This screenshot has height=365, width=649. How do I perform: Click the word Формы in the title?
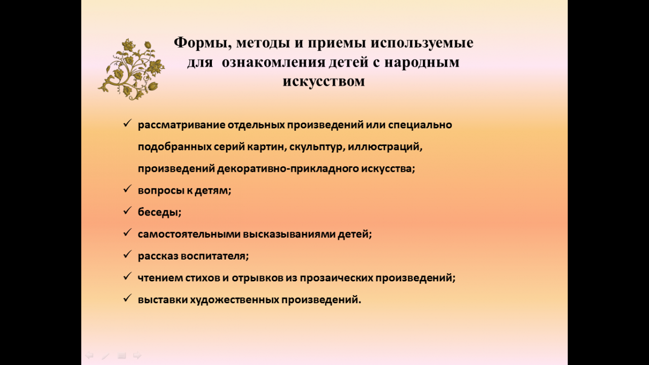click(202, 43)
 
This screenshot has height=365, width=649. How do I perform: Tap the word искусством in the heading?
click(323, 81)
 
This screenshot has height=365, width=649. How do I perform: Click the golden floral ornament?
click(131, 69)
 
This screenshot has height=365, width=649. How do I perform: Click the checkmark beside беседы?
click(127, 210)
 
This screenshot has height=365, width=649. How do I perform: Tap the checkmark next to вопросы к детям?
click(127, 189)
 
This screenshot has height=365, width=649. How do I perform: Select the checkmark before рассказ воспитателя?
click(127, 254)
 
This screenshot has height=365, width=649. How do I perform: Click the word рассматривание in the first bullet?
click(182, 125)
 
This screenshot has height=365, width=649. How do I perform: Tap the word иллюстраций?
click(385, 147)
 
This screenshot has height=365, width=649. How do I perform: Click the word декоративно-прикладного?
click(288, 169)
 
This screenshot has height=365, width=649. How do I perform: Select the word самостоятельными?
click(189, 234)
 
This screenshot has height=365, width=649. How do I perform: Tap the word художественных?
click(235, 300)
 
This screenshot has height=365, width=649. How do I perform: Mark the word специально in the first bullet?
click(420, 125)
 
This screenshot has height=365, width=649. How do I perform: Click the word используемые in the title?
click(422, 43)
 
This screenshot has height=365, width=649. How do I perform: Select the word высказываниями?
click(289, 234)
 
